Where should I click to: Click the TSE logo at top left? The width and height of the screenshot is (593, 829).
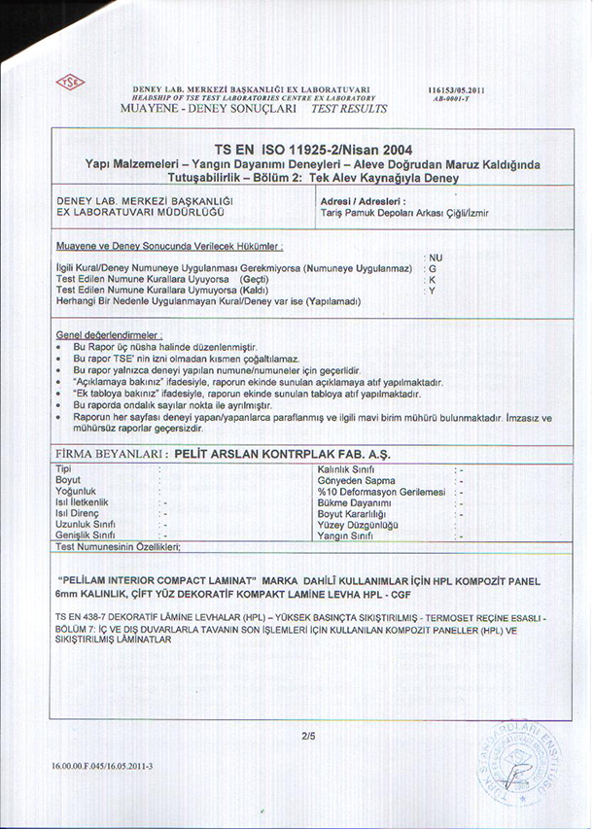tap(70, 82)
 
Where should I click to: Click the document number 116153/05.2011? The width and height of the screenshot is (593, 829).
tap(456, 90)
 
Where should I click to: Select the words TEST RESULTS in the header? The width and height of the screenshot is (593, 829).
tap(348, 108)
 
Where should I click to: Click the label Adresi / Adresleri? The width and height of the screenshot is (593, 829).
tap(363, 200)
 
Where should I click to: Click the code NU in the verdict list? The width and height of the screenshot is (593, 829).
tap(435, 256)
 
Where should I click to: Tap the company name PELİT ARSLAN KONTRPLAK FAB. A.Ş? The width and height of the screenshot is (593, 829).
tap(281, 454)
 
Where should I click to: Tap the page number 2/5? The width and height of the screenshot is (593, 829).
tap(309, 735)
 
